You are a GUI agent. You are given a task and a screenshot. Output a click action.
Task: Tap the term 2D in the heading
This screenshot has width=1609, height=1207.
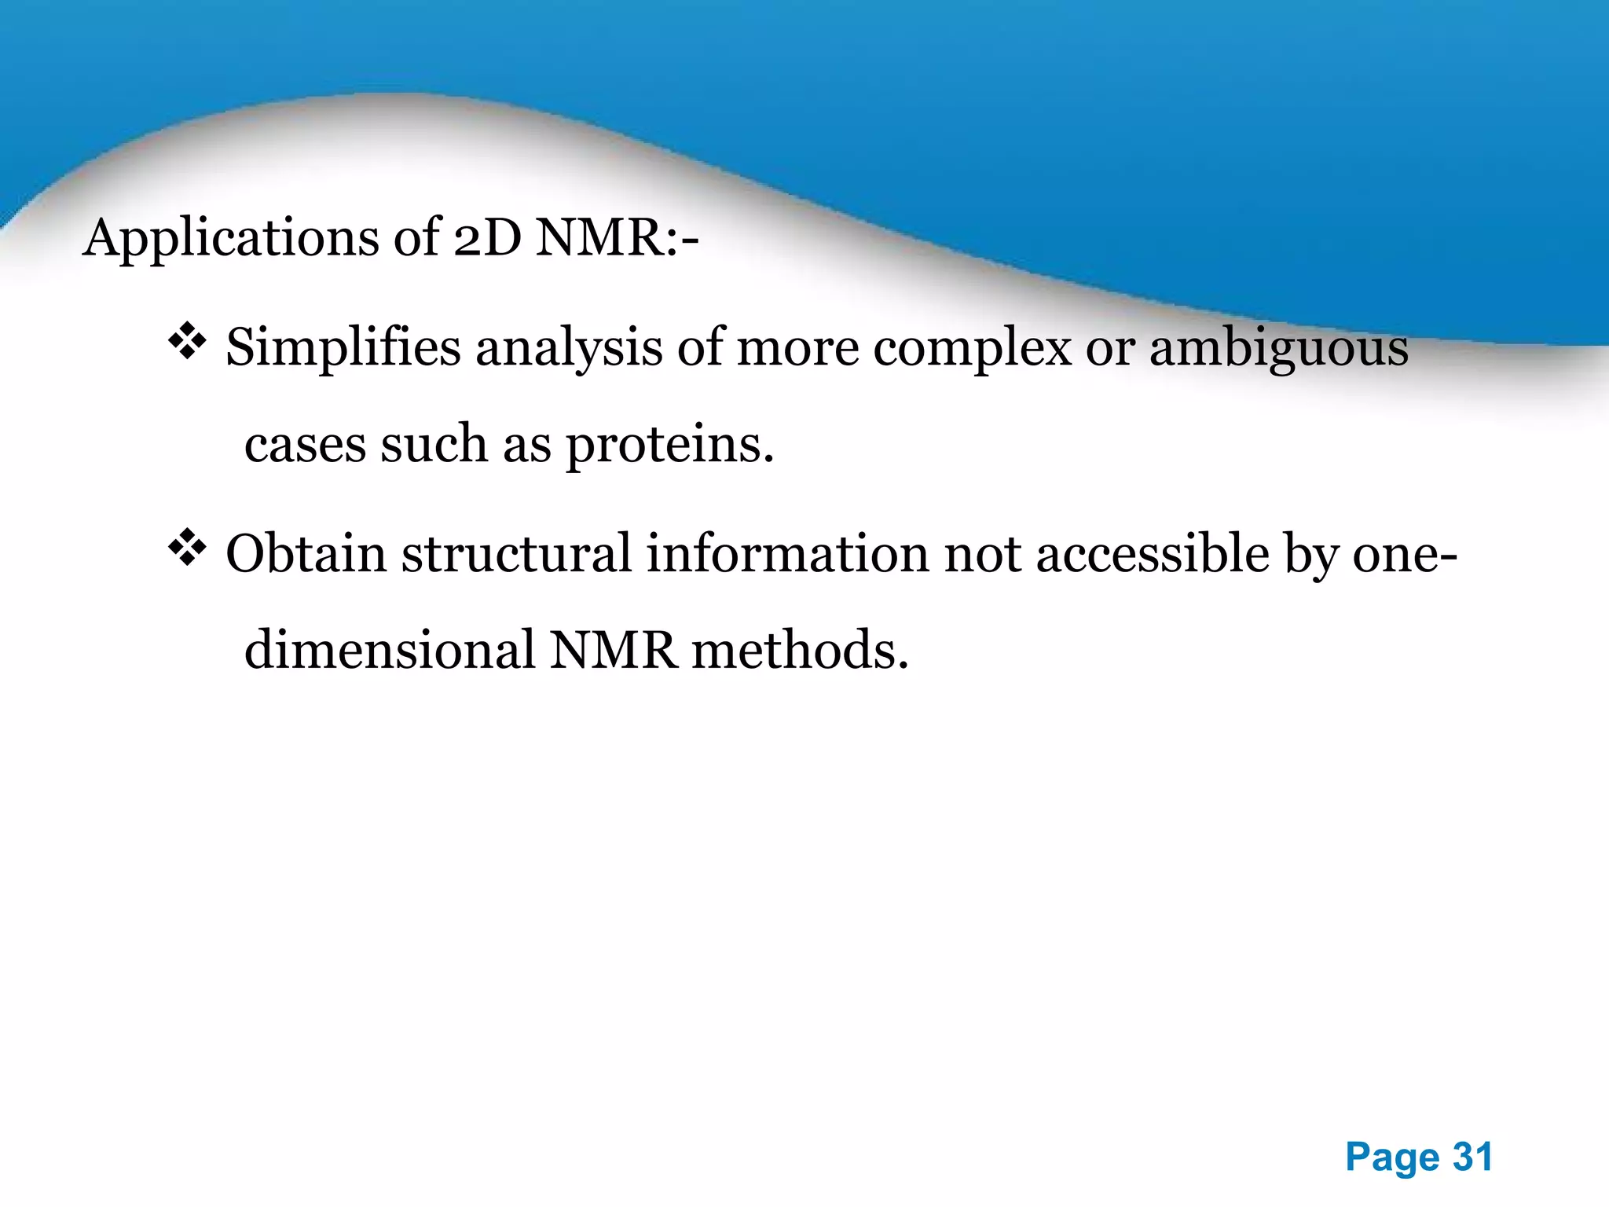pyautogui.click(x=487, y=237)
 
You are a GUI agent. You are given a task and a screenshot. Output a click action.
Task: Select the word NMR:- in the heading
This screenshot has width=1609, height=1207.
pyautogui.click(x=617, y=237)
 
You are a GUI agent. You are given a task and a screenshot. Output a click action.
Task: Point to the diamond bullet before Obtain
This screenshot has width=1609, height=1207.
pyautogui.click(x=187, y=548)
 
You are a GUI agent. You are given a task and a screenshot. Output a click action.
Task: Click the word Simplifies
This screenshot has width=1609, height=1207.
pyautogui.click(x=343, y=347)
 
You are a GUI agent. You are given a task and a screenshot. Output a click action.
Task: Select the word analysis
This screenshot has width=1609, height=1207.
pyautogui.click(x=569, y=347)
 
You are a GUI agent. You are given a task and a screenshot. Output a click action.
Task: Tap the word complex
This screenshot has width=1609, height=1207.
pyautogui.click(x=972, y=347)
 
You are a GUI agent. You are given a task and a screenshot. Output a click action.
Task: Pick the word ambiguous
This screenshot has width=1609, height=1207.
pyautogui.click(x=1278, y=347)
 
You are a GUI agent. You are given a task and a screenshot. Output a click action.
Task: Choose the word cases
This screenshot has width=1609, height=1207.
pyautogui.click(x=305, y=445)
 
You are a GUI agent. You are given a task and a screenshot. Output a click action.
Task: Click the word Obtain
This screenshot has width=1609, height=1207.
pyautogui.click(x=306, y=553)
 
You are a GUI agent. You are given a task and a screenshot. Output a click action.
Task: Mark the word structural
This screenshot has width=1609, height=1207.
pyautogui.click(x=516, y=553)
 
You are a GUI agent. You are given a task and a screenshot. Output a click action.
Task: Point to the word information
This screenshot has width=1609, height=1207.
pyautogui.click(x=787, y=553)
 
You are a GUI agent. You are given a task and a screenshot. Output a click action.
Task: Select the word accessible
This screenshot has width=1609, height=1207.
pyautogui.click(x=1152, y=553)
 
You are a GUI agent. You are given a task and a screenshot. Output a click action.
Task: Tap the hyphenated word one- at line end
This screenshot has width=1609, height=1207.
pyautogui.click(x=1404, y=553)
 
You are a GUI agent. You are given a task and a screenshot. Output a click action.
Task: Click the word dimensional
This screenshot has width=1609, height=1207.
pyautogui.click(x=390, y=651)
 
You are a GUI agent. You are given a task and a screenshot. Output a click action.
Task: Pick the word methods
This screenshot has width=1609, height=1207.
pyautogui.click(x=800, y=651)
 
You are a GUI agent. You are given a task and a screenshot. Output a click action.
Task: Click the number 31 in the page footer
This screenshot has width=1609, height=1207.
pyautogui.click(x=1472, y=1157)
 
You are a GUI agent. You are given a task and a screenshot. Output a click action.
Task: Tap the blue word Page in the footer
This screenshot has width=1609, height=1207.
pyautogui.click(x=1392, y=1157)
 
